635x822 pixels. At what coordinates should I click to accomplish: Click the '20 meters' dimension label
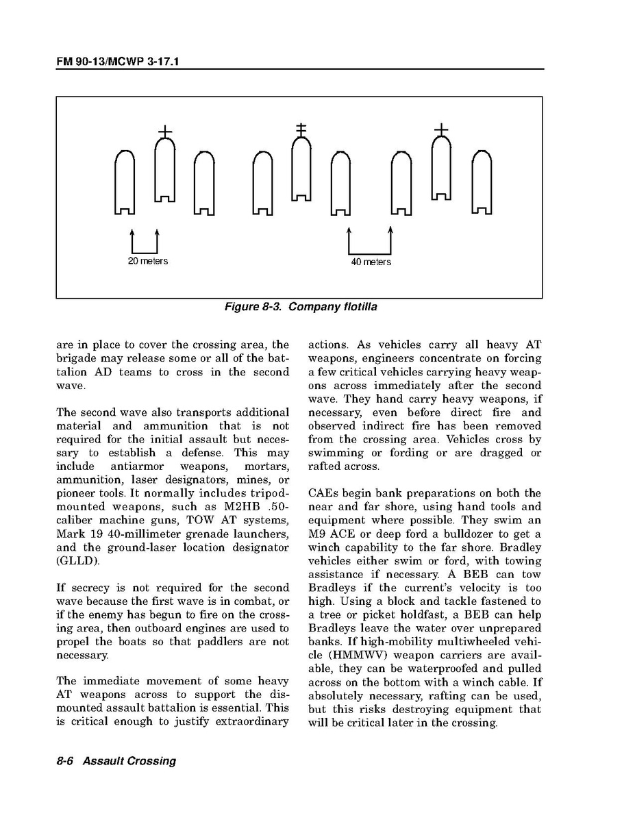[148, 261]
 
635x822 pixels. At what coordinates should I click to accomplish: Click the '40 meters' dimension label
[371, 262]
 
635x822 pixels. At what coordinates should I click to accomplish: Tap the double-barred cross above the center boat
[300, 129]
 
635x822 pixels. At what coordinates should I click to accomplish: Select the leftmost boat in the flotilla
[125, 182]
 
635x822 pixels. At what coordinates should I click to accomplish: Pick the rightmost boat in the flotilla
[482, 182]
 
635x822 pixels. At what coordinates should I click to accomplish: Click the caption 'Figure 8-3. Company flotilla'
[301, 307]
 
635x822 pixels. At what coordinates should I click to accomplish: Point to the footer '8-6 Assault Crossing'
[116, 761]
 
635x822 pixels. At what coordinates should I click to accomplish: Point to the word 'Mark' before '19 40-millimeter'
[71, 534]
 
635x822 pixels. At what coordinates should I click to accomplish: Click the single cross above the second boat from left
[165, 130]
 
